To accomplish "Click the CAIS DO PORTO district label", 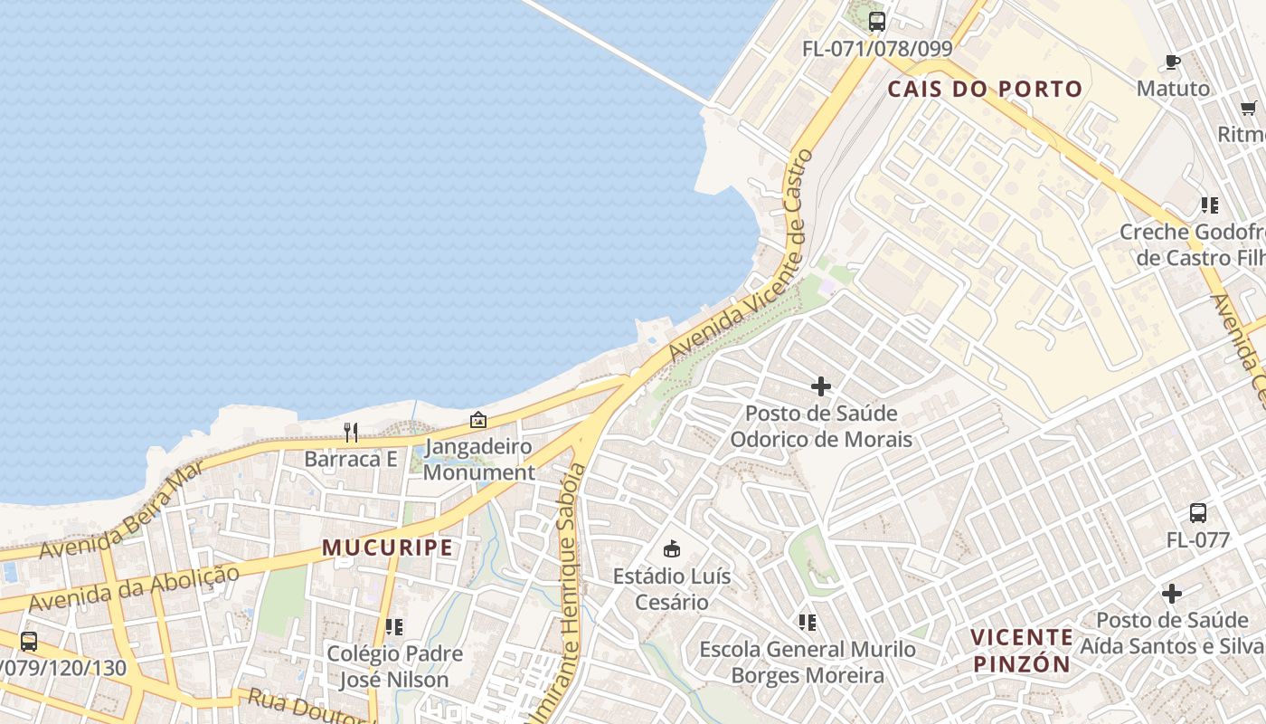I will tap(984, 89).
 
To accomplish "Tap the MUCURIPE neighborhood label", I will tap(387, 548).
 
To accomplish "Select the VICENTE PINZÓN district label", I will tap(1021, 650).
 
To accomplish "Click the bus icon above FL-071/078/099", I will tap(876, 22).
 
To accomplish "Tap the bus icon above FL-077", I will tap(1198, 513).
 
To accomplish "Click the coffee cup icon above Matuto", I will tap(1173, 62).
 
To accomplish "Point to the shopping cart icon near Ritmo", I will tap(1249, 107).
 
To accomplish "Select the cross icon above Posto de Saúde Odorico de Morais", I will tap(821, 386).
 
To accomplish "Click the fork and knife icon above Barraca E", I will tap(351, 433).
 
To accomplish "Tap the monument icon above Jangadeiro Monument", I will tap(478, 420).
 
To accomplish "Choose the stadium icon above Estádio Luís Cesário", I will tap(672, 548).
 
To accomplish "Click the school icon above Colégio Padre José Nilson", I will tap(394, 626).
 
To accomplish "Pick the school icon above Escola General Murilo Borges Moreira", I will tap(808, 623).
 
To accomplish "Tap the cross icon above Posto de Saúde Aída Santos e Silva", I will tap(1172, 594).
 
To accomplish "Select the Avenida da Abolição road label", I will tap(135, 587).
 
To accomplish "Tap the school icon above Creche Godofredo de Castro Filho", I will tap(1209, 205).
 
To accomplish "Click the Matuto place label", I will tap(1173, 89).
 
